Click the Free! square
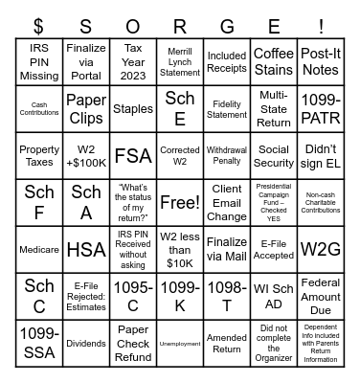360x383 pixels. [x=180, y=203]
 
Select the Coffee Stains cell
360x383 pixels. [x=274, y=62]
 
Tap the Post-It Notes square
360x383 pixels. [x=321, y=62]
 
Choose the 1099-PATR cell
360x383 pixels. [x=321, y=109]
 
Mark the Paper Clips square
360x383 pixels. [x=86, y=109]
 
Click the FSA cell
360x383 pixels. [x=133, y=156]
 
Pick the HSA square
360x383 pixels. [x=86, y=250]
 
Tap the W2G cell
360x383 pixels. [x=321, y=250]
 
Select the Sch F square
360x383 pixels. [x=39, y=203]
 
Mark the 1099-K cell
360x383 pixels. [x=180, y=297]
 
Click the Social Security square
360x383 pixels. [x=274, y=156]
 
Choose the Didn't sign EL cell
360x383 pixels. [x=321, y=156]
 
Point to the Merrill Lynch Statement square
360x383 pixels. [x=180, y=62]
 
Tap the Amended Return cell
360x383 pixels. [x=227, y=344]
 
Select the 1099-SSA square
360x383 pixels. [x=39, y=344]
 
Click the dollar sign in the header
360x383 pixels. [x=39, y=21]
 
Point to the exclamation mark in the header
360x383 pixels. [x=321, y=21]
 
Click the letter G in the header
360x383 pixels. [x=227, y=21]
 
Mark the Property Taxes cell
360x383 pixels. [x=39, y=156]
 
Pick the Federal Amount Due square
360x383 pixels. [x=321, y=297]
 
